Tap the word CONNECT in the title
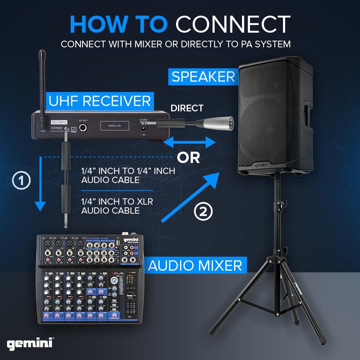click(233, 24)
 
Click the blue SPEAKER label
click(203, 77)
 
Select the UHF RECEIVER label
click(99, 101)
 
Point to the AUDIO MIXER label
click(195, 266)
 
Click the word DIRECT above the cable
click(187, 108)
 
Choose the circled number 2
click(203, 211)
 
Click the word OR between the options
click(188, 158)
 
